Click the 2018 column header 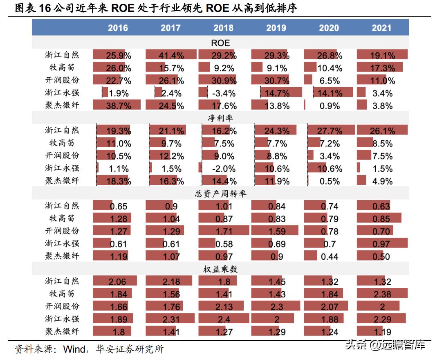click(x=223, y=28)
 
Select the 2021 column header click(x=381, y=28)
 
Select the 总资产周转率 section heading click(x=220, y=193)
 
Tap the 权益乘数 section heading click(x=220, y=269)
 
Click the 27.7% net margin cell click(x=330, y=131)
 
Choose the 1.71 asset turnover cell click(x=224, y=232)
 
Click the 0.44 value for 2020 click(x=330, y=257)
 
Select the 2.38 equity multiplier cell click(x=381, y=295)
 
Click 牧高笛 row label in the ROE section click(x=62, y=68)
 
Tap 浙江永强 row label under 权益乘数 click(x=62, y=319)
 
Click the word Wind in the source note click(x=74, y=349)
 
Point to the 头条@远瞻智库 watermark click(x=385, y=345)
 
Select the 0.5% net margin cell click(x=330, y=182)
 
